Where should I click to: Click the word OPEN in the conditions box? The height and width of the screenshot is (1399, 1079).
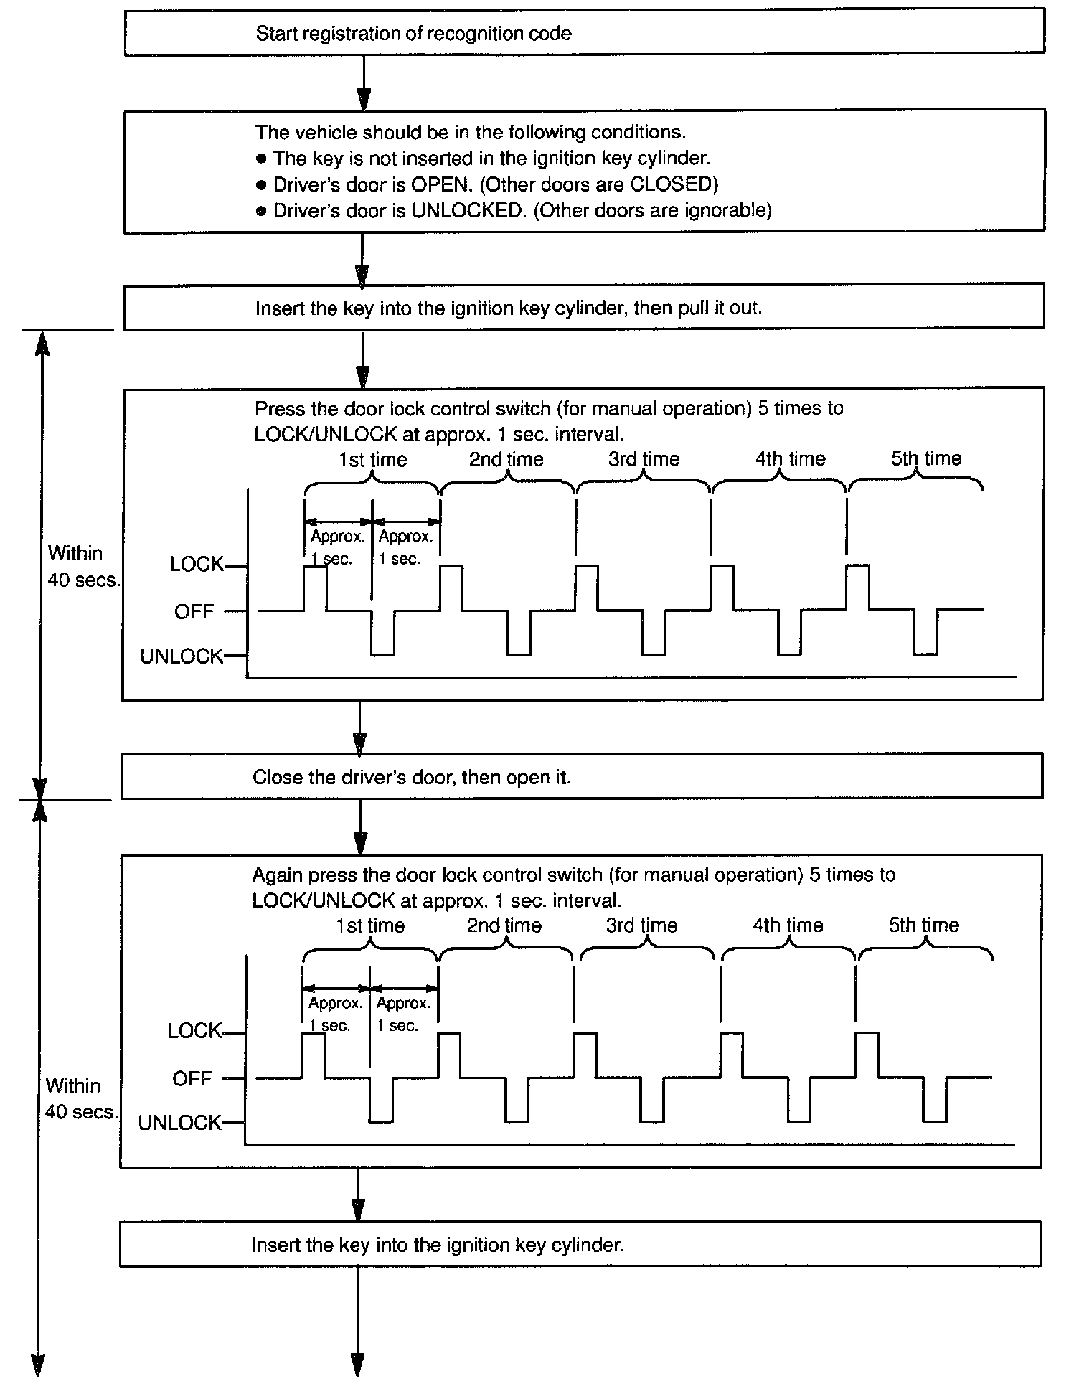440,184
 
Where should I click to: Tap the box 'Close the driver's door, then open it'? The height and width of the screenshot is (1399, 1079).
581,777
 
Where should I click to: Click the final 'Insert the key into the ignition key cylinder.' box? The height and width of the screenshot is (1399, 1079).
580,1245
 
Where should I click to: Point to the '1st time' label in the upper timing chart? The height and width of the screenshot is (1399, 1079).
372,460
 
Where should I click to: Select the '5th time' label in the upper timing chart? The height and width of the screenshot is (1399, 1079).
925,458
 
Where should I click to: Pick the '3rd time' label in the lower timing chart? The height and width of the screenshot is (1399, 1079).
641,925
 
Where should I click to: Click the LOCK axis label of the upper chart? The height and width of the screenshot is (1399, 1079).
197,565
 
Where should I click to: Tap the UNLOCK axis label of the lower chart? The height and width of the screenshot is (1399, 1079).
179,1123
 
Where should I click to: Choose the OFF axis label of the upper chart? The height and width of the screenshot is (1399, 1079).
194,612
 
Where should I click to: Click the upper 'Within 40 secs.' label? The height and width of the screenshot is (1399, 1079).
82,567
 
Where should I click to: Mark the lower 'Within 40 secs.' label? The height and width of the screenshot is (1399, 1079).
80,1098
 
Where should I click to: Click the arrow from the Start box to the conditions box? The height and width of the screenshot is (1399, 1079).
364,82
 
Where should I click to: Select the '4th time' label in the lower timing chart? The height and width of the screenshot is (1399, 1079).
788,925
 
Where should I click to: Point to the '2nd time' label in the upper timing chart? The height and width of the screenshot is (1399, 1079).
506,460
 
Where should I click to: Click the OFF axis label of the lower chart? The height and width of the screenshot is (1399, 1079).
192,1079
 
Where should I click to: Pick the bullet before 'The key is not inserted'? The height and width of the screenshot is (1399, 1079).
261,159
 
